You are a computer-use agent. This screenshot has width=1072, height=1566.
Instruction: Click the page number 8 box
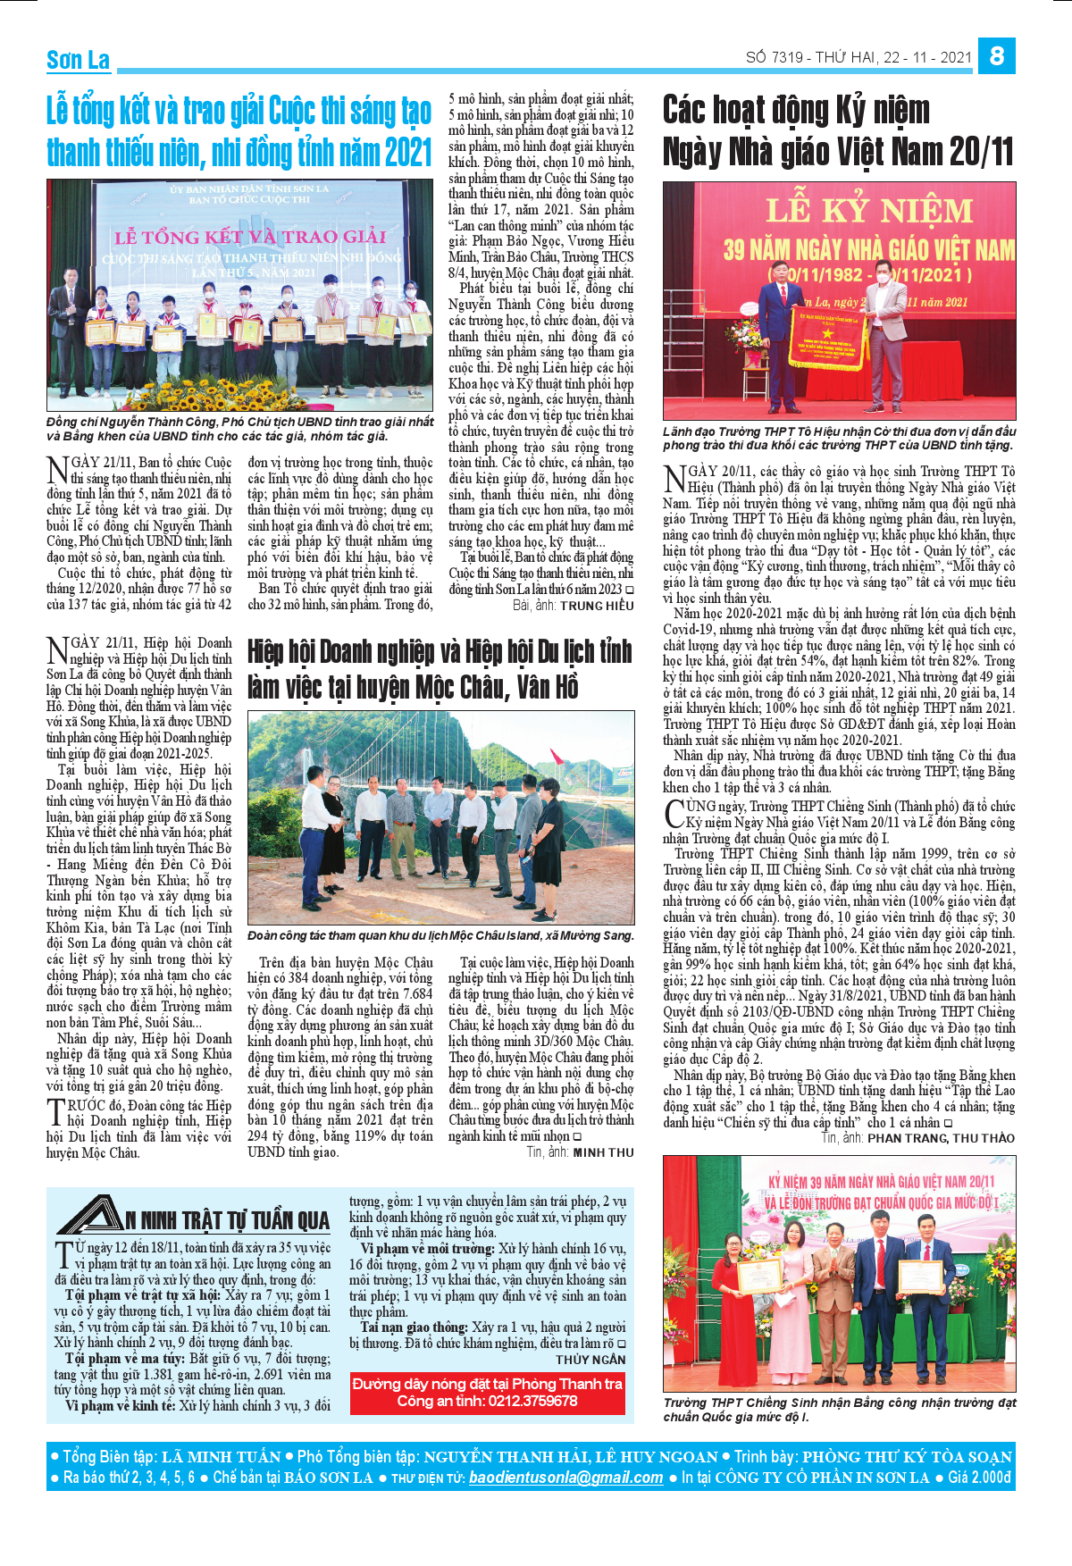(997, 55)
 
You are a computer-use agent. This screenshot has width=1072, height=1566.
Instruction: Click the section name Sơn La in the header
(78, 60)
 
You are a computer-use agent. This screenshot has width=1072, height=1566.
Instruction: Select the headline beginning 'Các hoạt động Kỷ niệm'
(838, 130)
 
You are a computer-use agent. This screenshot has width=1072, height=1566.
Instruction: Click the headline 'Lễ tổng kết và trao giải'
(239, 131)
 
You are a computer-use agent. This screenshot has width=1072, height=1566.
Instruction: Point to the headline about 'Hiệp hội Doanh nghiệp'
(440, 668)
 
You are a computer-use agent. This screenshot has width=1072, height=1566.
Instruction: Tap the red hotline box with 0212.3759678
(487, 1392)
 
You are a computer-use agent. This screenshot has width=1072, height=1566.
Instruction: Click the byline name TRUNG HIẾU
(597, 606)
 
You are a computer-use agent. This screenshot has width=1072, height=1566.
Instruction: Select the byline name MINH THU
(603, 1152)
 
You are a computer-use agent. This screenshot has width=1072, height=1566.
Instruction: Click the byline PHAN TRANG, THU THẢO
(941, 1138)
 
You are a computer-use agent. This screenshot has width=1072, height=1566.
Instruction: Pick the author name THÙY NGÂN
(590, 1360)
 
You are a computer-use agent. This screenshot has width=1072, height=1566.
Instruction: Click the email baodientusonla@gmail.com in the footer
(565, 1478)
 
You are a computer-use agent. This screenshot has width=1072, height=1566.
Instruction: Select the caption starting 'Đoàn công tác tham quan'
(440, 935)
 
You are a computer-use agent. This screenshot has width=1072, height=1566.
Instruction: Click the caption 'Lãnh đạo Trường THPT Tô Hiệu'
(839, 438)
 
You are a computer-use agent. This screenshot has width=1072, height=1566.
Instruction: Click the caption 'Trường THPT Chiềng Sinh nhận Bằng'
(839, 1410)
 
